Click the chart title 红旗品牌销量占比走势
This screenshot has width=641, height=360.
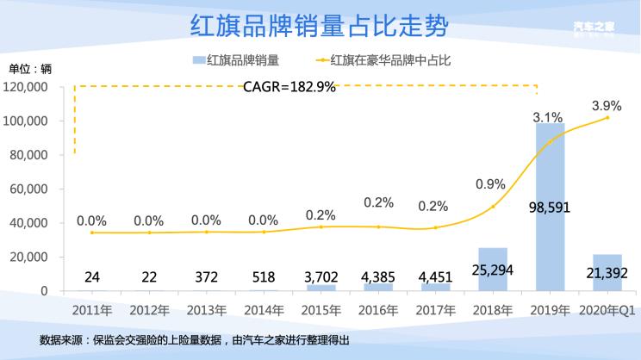pyautogui.click(x=320, y=26)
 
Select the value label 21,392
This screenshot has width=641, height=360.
pyautogui.click(x=607, y=276)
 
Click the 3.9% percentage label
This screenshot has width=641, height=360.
pyautogui.click(x=607, y=105)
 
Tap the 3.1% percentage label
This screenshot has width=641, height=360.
pyautogui.click(x=548, y=116)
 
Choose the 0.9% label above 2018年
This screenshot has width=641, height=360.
pyautogui.click(x=490, y=183)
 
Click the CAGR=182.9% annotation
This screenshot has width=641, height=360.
pyautogui.click(x=289, y=87)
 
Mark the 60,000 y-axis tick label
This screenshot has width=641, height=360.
pyautogui.click(x=30, y=189)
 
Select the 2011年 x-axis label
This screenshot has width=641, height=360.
pyautogui.click(x=91, y=307)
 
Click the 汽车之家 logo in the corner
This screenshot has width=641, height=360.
pyautogui.click(x=593, y=28)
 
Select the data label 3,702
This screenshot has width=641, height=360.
pyautogui.click(x=320, y=276)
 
